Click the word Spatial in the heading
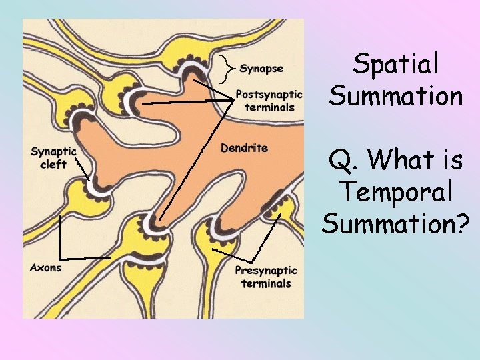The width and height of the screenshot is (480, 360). [x=396, y=65]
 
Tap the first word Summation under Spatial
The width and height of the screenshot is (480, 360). [x=396, y=96]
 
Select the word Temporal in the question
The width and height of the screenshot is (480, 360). [x=396, y=192]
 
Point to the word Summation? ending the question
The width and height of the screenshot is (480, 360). [x=396, y=223]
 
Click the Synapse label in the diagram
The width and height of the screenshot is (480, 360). [x=261, y=68]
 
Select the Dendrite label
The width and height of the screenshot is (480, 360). [x=244, y=147]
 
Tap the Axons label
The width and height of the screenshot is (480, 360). [x=45, y=267]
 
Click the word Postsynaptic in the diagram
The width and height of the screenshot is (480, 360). [x=269, y=95]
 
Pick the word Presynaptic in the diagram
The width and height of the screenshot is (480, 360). [x=266, y=271]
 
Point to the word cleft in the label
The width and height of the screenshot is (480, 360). [x=53, y=164]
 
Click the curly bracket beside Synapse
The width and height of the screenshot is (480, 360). [x=227, y=67]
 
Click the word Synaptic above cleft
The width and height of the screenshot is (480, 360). [x=53, y=151]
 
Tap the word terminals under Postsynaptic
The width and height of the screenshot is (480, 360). [x=269, y=107]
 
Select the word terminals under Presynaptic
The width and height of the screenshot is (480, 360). [x=266, y=283]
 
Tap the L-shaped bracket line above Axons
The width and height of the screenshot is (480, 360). [x=61, y=240]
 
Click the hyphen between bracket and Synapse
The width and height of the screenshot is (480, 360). [x=235, y=67]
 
